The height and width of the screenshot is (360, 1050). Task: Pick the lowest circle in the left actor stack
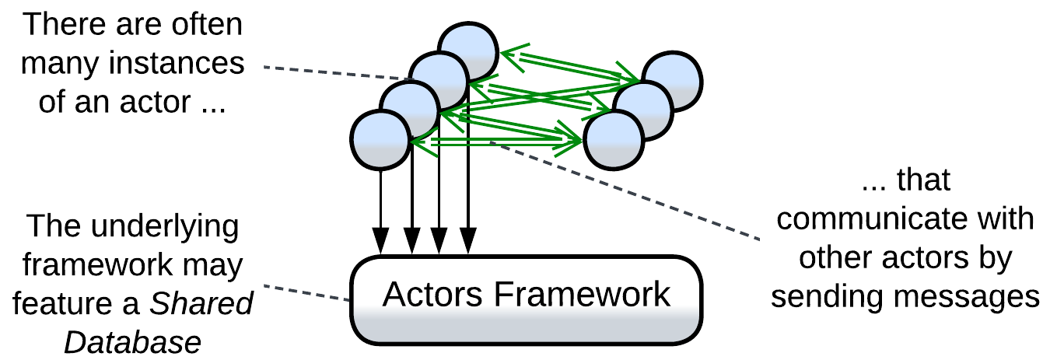[x=380, y=140]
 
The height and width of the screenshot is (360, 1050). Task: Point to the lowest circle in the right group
[x=614, y=141]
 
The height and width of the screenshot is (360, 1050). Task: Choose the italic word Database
[x=132, y=342]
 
